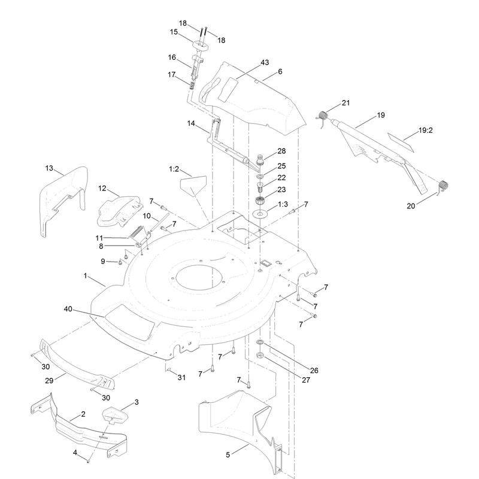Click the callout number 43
[x=265, y=62]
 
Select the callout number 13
[x=49, y=168]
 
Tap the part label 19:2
[x=426, y=131]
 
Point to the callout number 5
[x=228, y=455]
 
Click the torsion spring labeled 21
[x=323, y=116]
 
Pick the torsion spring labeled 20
[x=443, y=186]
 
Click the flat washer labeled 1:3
[x=260, y=214]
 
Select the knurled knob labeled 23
[x=260, y=201]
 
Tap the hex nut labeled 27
[x=260, y=355]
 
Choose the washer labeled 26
[x=260, y=341]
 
